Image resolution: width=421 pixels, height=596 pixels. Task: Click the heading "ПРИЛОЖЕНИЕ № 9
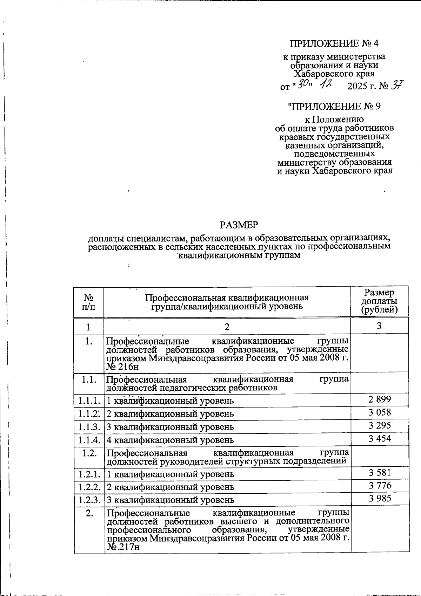(334, 106)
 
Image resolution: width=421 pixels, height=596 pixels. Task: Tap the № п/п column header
(88, 302)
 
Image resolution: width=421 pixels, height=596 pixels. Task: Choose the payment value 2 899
(380, 399)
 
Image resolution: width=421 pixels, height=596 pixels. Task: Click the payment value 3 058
(380, 412)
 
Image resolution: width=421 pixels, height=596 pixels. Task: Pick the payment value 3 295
(380, 425)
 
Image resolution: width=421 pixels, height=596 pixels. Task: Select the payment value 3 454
(380, 438)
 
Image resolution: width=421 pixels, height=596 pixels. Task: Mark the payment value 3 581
(380, 473)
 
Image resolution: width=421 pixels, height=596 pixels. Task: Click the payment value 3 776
(380, 486)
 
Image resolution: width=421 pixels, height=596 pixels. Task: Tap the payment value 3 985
(380, 499)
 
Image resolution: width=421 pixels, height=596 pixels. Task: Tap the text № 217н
(123, 548)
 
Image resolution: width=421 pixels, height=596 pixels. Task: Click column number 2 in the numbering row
(227, 327)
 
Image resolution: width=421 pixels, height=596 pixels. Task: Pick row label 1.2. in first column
(88, 453)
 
